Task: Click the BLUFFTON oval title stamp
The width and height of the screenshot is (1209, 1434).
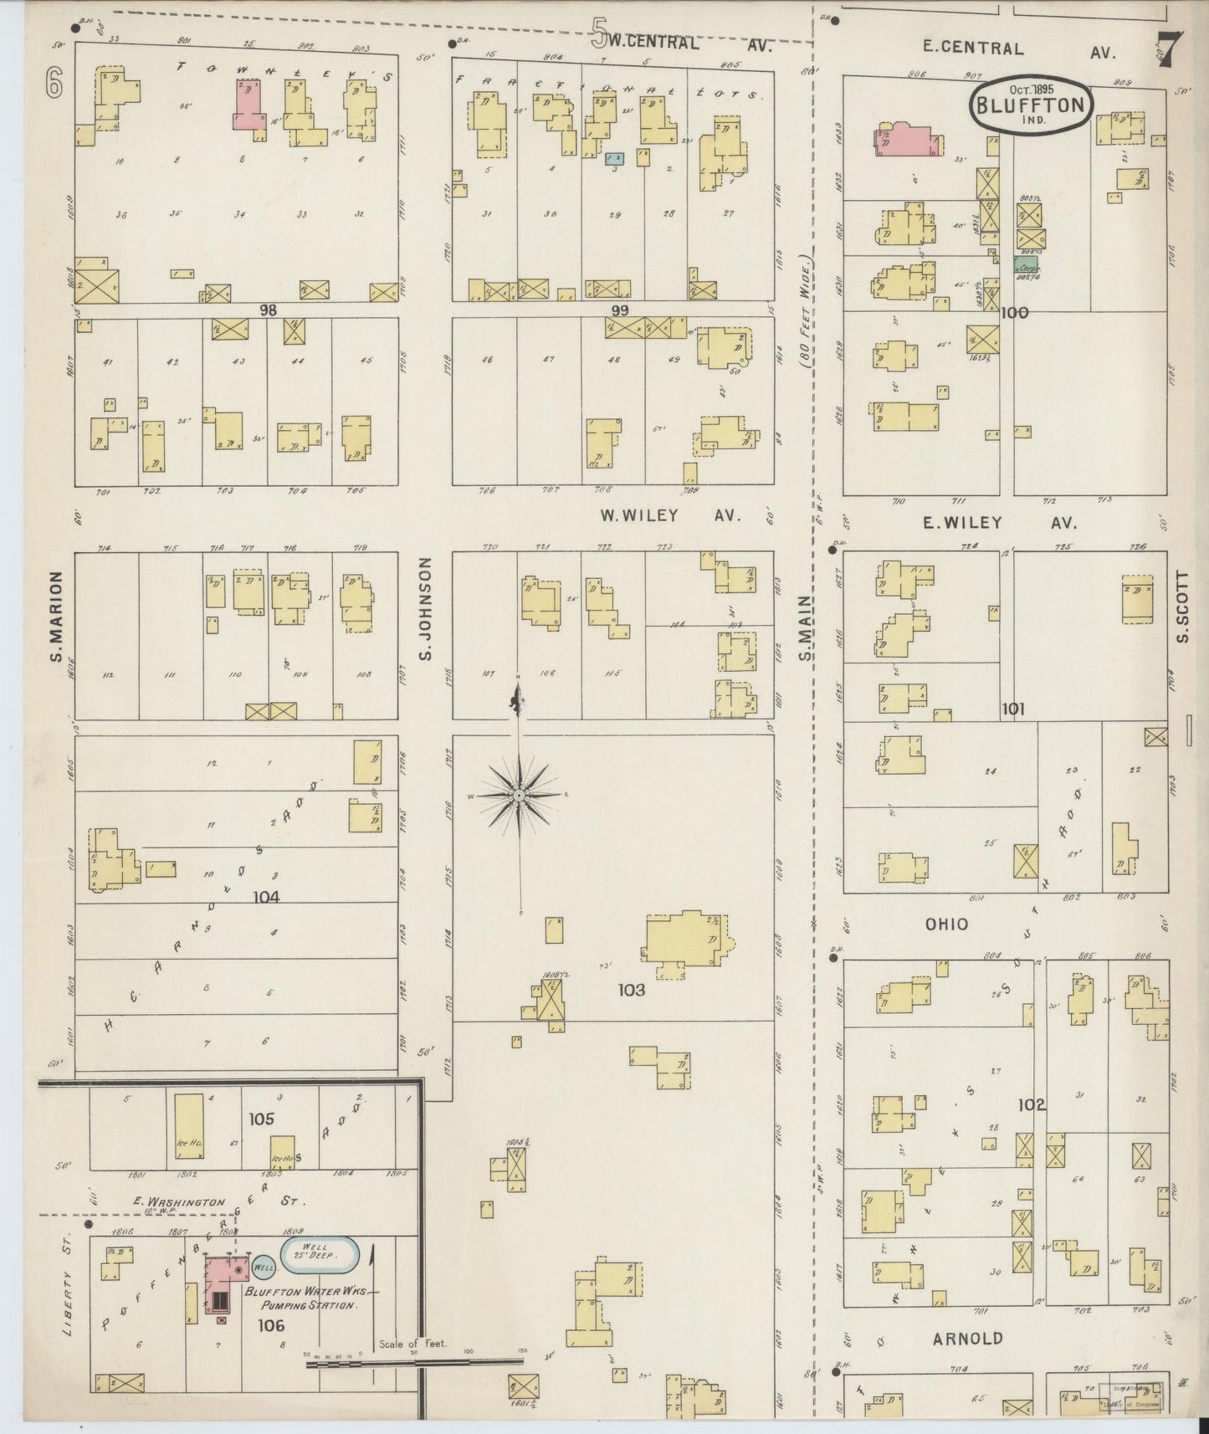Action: click(x=1030, y=104)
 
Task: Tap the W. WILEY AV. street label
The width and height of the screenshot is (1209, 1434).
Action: click(x=670, y=515)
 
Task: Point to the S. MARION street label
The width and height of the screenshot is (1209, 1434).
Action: click(x=57, y=615)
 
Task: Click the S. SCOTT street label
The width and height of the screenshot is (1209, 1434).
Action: click(x=1181, y=607)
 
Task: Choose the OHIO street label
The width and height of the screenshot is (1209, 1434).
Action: click(x=946, y=924)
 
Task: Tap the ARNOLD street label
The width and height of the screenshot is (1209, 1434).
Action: click(x=968, y=1338)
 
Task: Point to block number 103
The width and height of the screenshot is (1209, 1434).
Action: click(x=632, y=990)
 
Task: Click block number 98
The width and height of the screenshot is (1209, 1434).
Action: click(x=268, y=310)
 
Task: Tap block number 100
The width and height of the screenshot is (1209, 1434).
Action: click(x=1014, y=313)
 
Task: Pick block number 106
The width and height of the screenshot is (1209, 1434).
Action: click(x=271, y=1324)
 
